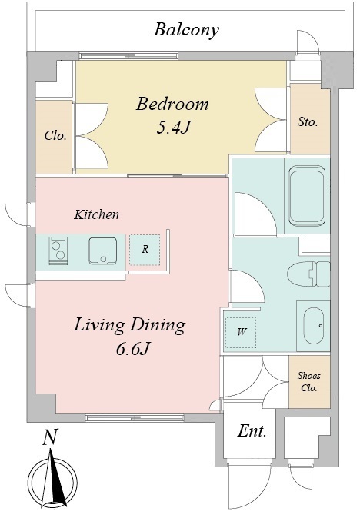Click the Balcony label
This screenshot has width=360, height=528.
tap(186, 30)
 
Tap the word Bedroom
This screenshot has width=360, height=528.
tap(172, 104)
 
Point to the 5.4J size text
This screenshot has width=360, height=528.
tap(173, 128)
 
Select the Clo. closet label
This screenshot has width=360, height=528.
tap(55, 136)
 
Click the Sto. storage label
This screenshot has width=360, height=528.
tap(308, 121)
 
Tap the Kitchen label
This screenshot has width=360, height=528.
tap(96, 214)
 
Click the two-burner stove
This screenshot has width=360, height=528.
tap(58, 251)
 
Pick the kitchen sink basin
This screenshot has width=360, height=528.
tap(103, 251)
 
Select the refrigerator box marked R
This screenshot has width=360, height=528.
tap(145, 250)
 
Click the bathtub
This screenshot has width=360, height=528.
tap(307, 196)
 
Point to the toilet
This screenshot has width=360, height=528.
tap(308, 274)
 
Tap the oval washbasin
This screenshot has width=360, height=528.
tap(314, 325)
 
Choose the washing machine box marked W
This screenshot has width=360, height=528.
tap(241, 333)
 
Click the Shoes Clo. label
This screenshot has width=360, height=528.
tap(308, 382)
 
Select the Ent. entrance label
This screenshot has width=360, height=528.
tap(252, 430)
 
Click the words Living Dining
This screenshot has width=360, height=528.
tap(130, 325)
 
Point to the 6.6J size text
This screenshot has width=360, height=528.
tap(132, 349)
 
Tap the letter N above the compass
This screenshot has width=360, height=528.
tap(50, 437)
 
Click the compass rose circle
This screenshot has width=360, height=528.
tap(52, 482)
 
